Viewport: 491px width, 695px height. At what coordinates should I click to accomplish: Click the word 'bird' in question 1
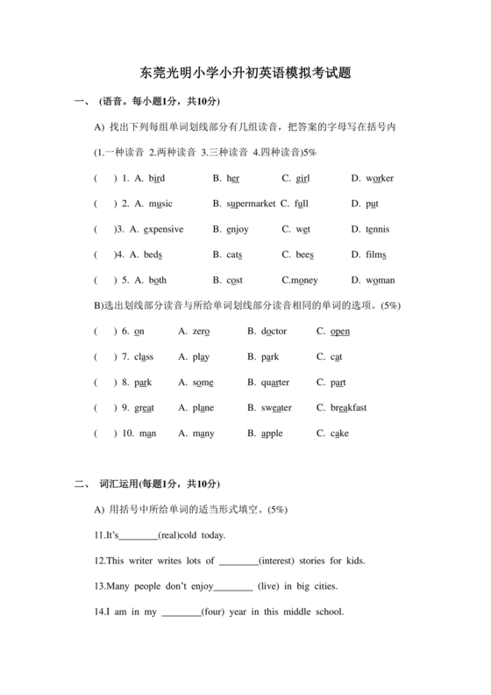tap(156, 178)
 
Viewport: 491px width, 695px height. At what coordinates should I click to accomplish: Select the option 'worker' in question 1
tap(380, 178)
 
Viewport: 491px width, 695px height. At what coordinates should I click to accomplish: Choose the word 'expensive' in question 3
tap(163, 229)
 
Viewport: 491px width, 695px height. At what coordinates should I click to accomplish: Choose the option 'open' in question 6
tap(339, 331)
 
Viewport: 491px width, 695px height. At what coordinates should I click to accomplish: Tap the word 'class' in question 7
tap(145, 356)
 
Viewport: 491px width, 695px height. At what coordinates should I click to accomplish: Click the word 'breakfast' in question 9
tap(348, 407)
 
